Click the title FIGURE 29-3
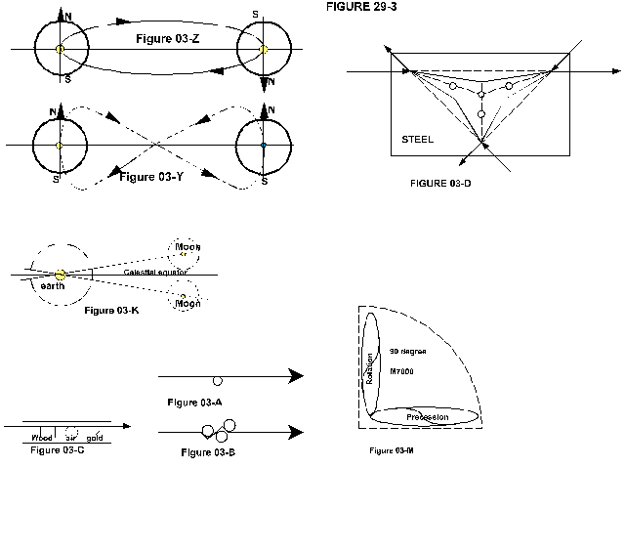point(361,6)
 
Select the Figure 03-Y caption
point(152,177)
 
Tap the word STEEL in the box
point(417,140)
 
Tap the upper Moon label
point(187,247)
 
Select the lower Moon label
point(187,304)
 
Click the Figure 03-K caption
point(112,310)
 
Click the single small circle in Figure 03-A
point(217,381)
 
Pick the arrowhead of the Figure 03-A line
point(295,376)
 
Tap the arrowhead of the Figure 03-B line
point(295,430)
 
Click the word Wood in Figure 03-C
point(42,437)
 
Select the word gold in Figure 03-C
point(95,437)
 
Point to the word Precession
point(427,417)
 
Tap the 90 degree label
point(407,350)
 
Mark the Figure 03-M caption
point(393,450)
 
